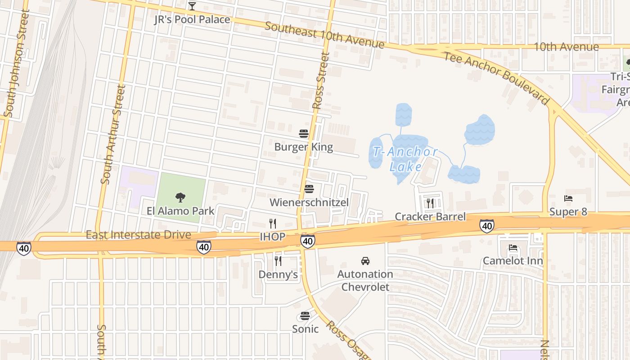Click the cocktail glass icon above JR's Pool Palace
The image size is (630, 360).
point(192,6)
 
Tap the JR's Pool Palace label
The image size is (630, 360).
point(192,19)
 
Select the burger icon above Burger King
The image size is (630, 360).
point(303,134)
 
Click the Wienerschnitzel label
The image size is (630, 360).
point(309,202)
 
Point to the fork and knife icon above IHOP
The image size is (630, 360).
point(272,223)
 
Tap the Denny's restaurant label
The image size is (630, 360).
point(278,274)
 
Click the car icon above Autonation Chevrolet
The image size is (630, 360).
point(365,261)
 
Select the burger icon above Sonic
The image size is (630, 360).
point(305,316)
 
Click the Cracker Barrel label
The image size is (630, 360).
point(430,216)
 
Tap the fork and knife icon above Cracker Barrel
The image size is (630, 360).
point(430,203)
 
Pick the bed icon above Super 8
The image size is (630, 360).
point(568,198)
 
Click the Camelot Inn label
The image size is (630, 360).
point(513,261)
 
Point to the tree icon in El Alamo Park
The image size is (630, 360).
point(180,197)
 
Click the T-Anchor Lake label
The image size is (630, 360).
point(405,159)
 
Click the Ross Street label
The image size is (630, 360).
point(321,81)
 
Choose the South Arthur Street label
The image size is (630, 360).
point(113,135)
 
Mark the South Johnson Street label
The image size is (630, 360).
point(17,63)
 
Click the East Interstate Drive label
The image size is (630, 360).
point(138,235)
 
